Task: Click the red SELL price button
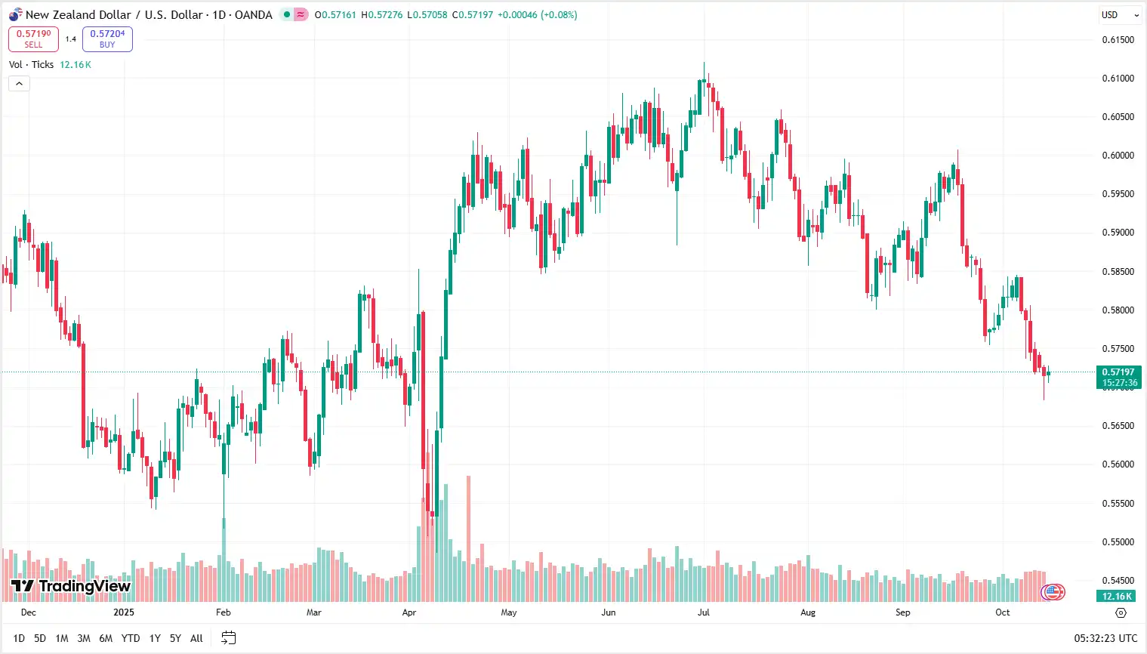[x=33, y=39]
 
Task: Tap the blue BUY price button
[x=107, y=39]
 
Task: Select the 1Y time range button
[x=155, y=638]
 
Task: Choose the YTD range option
[x=131, y=638]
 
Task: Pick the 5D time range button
[x=40, y=638]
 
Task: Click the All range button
[x=196, y=638]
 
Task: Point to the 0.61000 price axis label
[x=1118, y=79]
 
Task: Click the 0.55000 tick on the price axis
[x=1118, y=542]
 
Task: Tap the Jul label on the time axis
[x=703, y=612]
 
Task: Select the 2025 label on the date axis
[x=124, y=612]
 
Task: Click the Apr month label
[x=409, y=612]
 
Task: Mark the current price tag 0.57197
[x=1118, y=372]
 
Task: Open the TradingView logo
[x=71, y=586]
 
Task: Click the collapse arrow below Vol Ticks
[x=19, y=83]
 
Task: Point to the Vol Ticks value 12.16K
[x=76, y=65]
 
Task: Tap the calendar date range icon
[x=228, y=638]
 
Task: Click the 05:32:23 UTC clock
[x=1105, y=638]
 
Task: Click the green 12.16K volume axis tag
[x=1117, y=597]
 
